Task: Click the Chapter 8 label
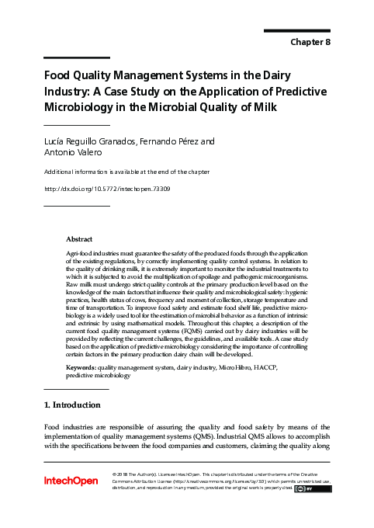click(310, 42)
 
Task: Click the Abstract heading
click(79, 239)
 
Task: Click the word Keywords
click(81, 365)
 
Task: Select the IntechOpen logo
click(71, 481)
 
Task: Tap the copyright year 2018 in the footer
click(126, 474)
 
